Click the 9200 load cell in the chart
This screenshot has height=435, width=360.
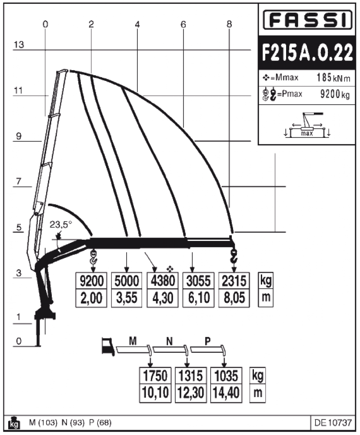(91, 281)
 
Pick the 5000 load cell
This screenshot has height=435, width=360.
(127, 281)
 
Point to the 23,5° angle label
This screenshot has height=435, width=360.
(60, 225)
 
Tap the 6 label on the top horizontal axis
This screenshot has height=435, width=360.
(183, 25)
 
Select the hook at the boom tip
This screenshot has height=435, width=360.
(234, 257)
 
